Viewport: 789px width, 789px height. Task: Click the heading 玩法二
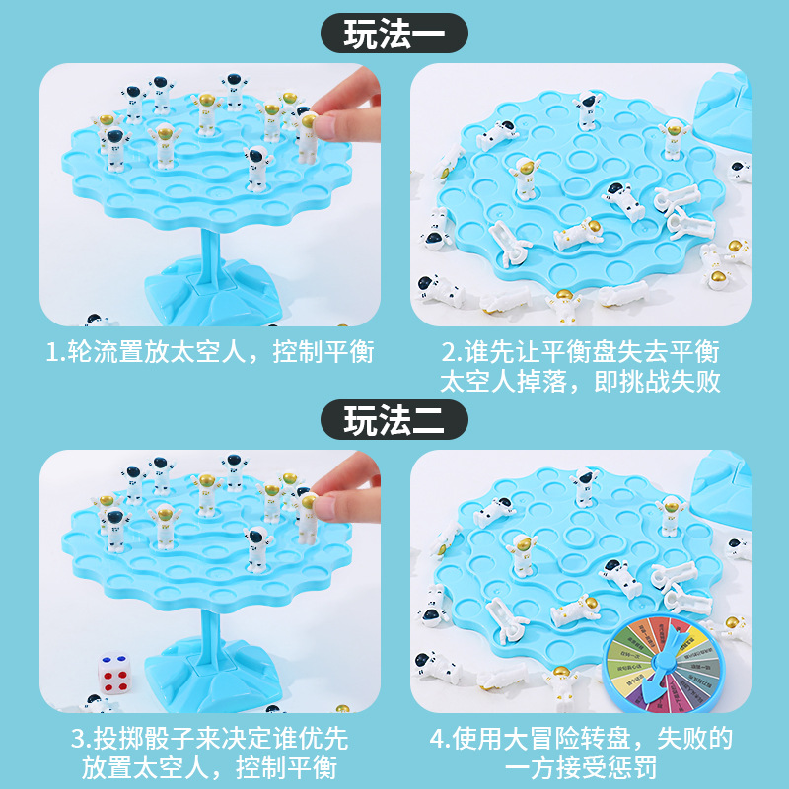(394, 421)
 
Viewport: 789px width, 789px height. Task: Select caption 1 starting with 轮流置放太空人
(209, 352)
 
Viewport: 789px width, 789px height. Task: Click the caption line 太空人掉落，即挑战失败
(580, 382)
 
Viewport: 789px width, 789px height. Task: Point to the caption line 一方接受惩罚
(580, 768)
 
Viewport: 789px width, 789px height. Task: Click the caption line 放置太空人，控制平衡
(209, 768)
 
